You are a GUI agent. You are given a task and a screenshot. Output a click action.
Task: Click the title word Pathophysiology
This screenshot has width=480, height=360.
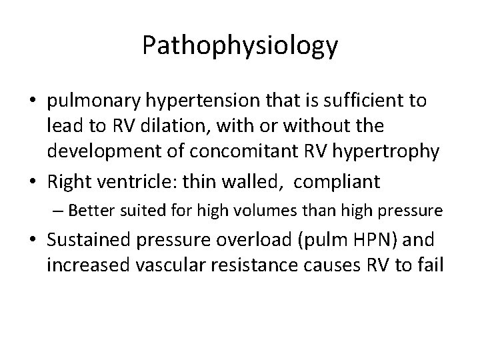point(240,45)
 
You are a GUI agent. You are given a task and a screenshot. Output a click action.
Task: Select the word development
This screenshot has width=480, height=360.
point(101,151)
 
